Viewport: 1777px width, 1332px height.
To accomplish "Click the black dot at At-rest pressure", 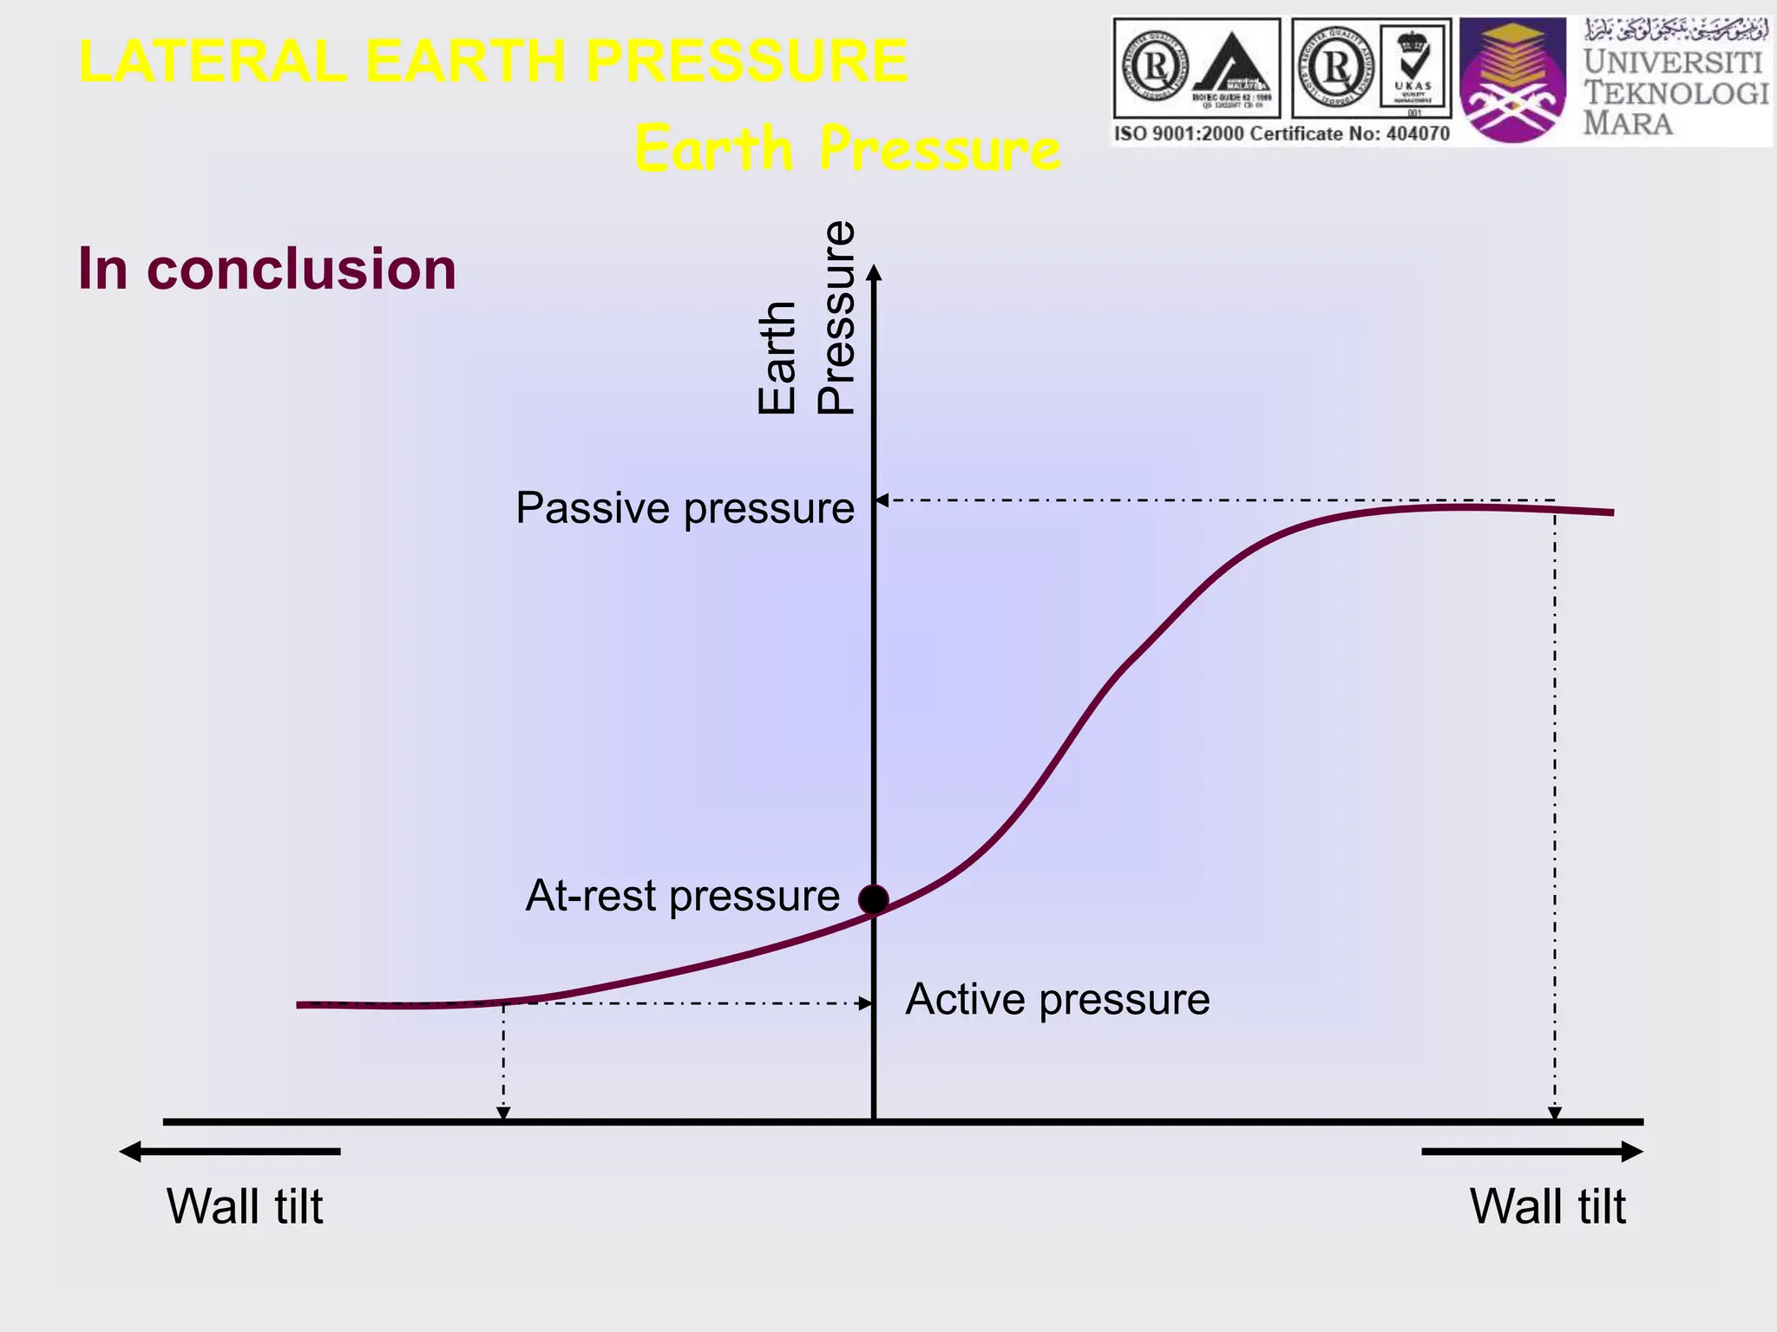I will click(x=873, y=900).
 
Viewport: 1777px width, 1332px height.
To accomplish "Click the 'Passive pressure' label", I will click(x=685, y=508).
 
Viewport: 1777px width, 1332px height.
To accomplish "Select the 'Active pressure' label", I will click(x=1057, y=999).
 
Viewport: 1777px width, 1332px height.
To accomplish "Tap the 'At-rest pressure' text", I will click(x=682, y=896).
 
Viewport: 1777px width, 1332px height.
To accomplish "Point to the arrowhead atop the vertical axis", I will click(x=874, y=273).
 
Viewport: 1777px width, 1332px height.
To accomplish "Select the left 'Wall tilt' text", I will click(x=245, y=1206).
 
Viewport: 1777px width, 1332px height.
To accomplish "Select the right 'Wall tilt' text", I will click(x=1547, y=1206).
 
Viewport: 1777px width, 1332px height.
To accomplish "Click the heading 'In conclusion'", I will click(x=266, y=269).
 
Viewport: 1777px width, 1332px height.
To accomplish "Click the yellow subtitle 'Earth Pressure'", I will click(x=847, y=148).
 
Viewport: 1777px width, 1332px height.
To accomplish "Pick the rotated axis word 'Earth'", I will click(x=777, y=357).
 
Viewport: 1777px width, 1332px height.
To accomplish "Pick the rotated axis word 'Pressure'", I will click(x=836, y=317).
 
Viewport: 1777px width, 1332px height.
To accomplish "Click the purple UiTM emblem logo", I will click(x=1512, y=81).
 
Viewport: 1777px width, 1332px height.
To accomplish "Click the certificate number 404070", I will click(x=1417, y=134).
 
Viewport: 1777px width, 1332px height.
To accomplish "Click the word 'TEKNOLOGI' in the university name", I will click(x=1675, y=93).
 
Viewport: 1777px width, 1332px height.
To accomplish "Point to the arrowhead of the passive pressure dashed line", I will click(x=881, y=500).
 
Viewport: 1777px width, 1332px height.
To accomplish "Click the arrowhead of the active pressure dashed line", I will click(x=865, y=1003).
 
